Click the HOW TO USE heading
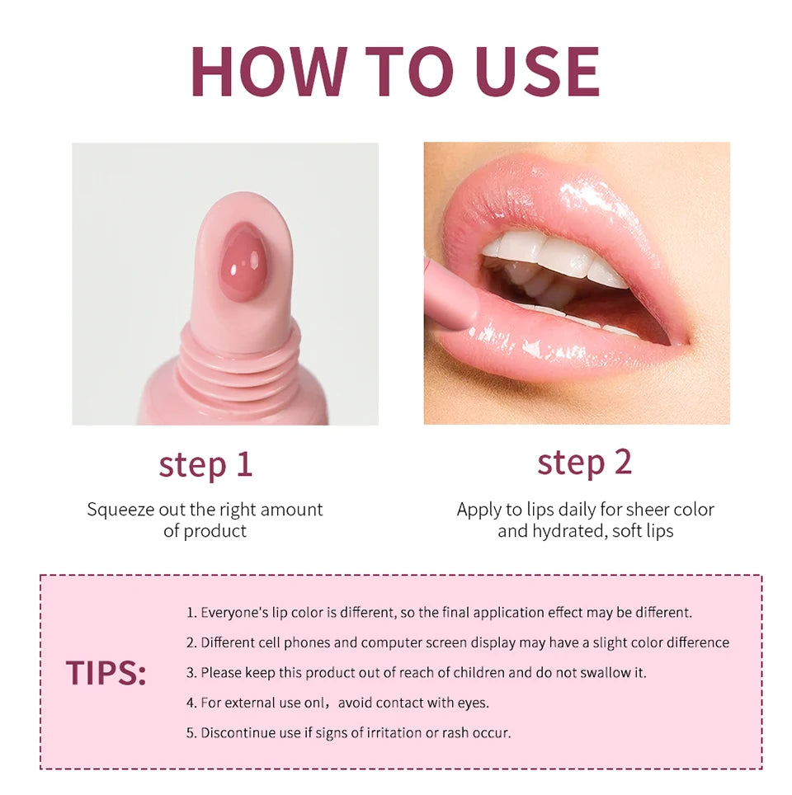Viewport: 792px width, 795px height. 395,73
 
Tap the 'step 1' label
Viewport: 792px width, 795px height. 205,464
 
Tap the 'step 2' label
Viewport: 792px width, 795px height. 584,462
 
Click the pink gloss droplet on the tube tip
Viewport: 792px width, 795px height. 243,261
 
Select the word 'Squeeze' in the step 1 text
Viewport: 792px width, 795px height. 117,510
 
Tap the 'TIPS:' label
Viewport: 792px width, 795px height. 106,673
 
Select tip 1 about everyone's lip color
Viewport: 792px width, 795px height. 439,613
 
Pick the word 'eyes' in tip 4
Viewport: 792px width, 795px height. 469,703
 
